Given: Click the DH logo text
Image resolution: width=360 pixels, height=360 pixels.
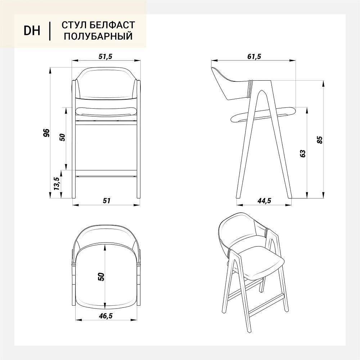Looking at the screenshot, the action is point(32,31).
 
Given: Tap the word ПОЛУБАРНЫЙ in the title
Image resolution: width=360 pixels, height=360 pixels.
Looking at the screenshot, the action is point(98,36).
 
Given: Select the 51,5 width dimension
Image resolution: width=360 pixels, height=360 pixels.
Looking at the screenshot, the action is point(105,56).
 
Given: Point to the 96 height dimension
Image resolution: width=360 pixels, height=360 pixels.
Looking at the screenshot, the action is point(46,133).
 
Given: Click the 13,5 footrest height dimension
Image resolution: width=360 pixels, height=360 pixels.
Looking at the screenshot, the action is point(57,184).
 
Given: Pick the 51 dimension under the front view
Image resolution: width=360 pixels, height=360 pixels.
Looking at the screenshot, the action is point(107,201).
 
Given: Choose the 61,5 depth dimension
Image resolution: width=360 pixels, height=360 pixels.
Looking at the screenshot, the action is point(254,56).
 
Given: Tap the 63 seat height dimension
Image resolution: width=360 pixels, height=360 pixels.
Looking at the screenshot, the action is point(303,153).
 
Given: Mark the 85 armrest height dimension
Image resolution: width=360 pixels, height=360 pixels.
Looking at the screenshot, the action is point(320,140).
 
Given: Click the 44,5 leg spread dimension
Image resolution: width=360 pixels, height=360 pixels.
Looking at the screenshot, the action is point(264,201).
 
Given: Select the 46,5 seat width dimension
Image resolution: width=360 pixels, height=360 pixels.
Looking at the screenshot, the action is point(106,316).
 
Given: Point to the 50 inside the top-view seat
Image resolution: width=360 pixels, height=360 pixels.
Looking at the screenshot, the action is point(101,276).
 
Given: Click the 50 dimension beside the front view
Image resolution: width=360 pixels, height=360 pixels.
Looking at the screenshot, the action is point(62,137).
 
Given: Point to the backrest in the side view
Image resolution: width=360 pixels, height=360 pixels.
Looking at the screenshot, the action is point(230,85).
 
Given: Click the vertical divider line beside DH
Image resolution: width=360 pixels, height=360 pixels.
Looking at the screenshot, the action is point(50,31).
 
